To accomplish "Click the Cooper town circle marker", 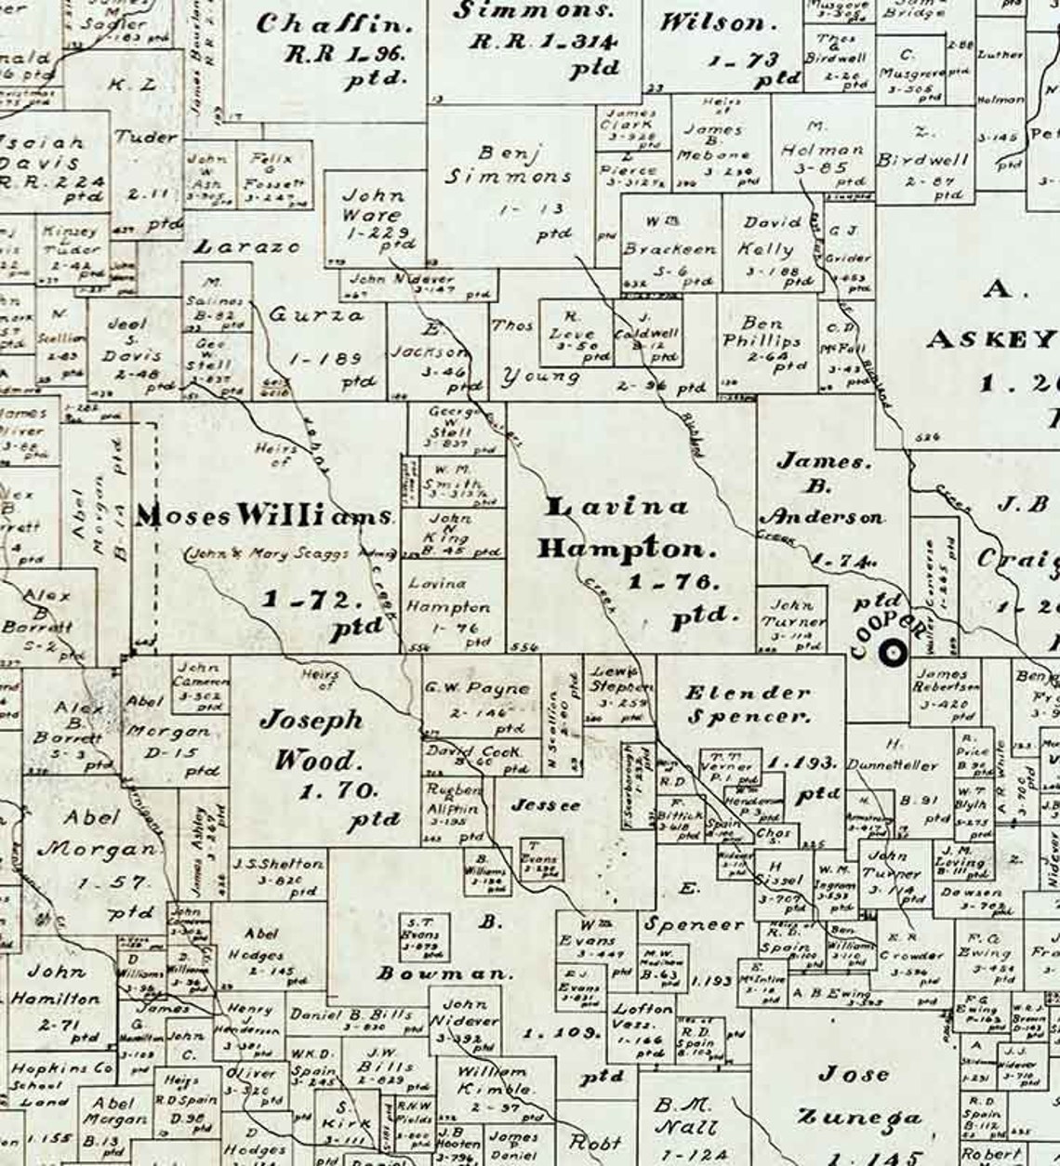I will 893,655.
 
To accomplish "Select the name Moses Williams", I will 265,516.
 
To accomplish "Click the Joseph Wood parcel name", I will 310,739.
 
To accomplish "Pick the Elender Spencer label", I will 747,704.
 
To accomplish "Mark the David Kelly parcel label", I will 771,235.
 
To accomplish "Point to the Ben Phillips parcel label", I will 762,332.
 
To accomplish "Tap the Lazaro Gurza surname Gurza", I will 317,315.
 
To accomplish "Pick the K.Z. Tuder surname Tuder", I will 146,138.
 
